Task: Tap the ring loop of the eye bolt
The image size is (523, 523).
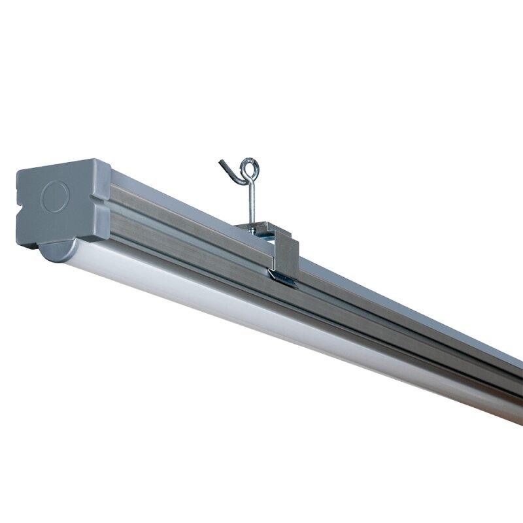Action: click(x=248, y=167)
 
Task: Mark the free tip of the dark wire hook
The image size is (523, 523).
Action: click(x=220, y=159)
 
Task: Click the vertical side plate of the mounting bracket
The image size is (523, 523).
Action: click(x=286, y=255)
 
